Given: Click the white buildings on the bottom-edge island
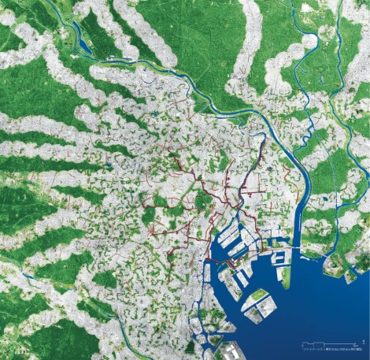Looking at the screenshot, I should (228, 351).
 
